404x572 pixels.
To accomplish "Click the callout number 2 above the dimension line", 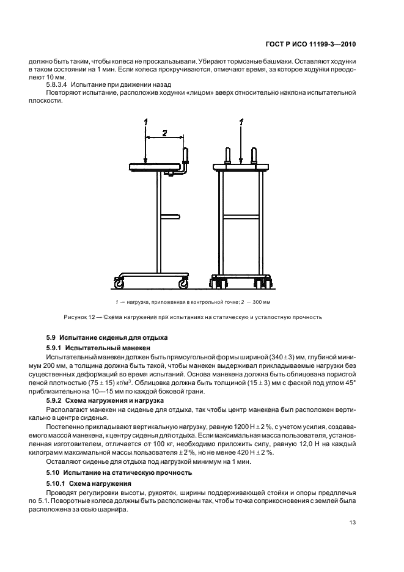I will coord(164,132).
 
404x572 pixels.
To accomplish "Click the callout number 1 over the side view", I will coord(145,123).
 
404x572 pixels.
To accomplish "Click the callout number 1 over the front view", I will coord(242,123).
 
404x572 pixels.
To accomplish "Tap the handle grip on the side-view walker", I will coord(185,156).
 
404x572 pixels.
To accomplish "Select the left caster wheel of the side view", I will coord(118,283).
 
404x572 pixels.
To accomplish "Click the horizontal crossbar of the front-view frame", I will coord(241,215).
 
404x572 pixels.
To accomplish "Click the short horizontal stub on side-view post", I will coord(169,215).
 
